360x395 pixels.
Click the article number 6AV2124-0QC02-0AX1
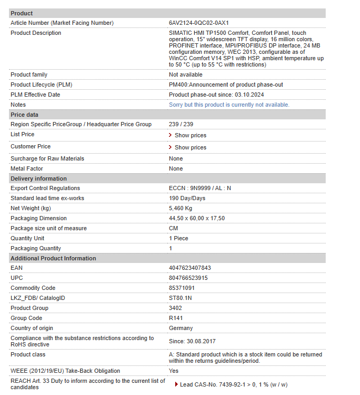pos(198,23)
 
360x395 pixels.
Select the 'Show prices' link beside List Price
pos(190,136)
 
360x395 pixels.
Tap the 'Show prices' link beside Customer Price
pos(190,148)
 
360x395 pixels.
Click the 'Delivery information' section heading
pos(39,178)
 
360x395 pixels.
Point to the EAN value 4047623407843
pos(190,268)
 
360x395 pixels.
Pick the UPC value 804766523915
pos(188,278)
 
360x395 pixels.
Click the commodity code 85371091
pos(182,288)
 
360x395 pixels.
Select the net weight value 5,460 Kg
pos(181,209)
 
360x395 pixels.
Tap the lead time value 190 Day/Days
pos(187,199)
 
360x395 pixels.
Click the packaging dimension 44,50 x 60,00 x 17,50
pos(196,219)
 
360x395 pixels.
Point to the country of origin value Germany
pos(181,328)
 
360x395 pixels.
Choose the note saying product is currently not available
pos(229,105)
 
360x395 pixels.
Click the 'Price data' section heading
pos(24,115)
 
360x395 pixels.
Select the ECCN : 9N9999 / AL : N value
pos(200,189)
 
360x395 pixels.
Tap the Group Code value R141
pos(175,318)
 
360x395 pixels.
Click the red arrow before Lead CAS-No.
pos(176,384)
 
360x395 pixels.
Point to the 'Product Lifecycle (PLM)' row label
pos(42,85)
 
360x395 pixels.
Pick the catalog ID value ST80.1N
pos(180,298)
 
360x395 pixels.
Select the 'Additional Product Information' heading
pos(53,258)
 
